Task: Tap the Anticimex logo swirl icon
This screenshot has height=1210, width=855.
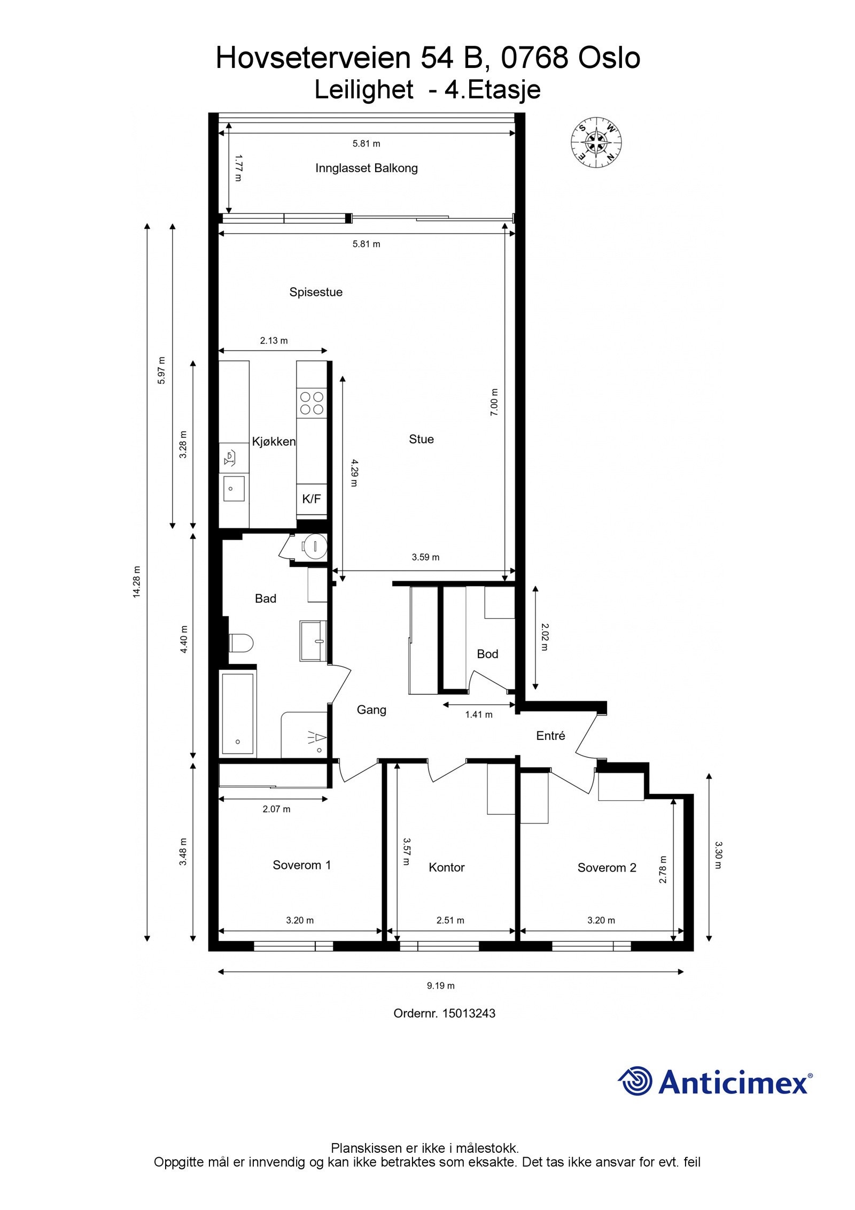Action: pyautogui.click(x=635, y=1081)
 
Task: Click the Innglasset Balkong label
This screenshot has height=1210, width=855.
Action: pyautogui.click(x=366, y=168)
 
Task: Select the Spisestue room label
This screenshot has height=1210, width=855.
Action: pyautogui.click(x=316, y=292)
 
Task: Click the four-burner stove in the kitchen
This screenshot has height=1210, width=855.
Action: pyautogui.click(x=312, y=403)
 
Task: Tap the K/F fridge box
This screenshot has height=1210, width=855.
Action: pyautogui.click(x=312, y=499)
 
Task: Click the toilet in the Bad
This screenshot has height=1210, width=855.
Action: pyautogui.click(x=240, y=643)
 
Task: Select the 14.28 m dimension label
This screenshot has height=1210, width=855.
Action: pyautogui.click(x=137, y=581)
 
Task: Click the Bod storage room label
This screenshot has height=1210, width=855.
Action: pyautogui.click(x=487, y=654)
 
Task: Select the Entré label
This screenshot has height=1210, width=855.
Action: pyautogui.click(x=550, y=736)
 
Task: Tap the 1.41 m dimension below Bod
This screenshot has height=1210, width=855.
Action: pyautogui.click(x=478, y=714)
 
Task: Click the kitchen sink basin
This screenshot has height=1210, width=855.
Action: pyautogui.click(x=234, y=489)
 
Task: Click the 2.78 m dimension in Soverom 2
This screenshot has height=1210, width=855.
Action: pyautogui.click(x=663, y=869)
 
